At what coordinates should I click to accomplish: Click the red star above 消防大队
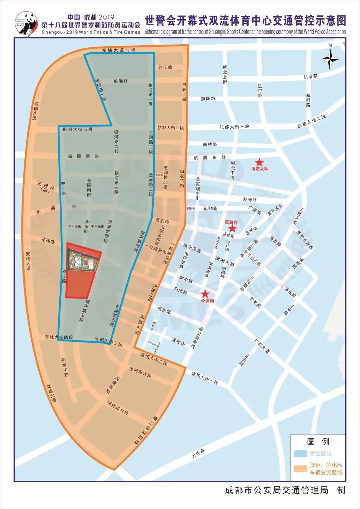[x=259, y=162]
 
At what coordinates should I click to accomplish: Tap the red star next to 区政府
[x=232, y=229]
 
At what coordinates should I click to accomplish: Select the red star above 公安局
[x=205, y=294]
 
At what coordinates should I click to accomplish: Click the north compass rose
[x=330, y=59]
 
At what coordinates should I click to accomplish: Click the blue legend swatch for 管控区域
[x=300, y=454]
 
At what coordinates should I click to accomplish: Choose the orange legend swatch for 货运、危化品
[x=300, y=468]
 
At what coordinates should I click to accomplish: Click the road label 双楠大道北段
[x=119, y=50]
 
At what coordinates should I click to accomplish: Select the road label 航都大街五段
[x=77, y=129]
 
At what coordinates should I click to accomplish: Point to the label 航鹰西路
[x=83, y=156]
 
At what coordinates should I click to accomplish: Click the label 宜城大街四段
[x=59, y=337]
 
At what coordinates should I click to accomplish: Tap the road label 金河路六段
[x=140, y=372]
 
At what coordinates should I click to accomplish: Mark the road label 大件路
[x=198, y=453]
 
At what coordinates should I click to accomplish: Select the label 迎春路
[x=250, y=200]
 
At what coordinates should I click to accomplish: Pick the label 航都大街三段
[x=234, y=127]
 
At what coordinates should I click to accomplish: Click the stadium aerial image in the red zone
[x=83, y=260]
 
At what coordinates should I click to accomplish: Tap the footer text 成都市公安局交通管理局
[x=277, y=490]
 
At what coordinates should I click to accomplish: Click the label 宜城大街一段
[x=205, y=378]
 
